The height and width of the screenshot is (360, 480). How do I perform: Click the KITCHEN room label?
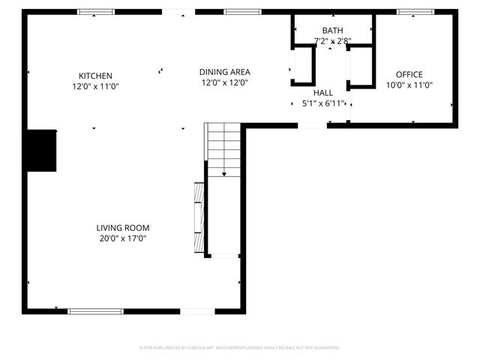[x=95, y=75]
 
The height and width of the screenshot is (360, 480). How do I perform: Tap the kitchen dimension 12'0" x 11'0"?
[x=95, y=86]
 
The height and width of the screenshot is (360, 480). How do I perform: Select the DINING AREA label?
[x=224, y=72]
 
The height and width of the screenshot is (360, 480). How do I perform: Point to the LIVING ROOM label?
[x=123, y=228]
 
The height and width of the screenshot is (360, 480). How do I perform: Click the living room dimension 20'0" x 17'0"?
[x=123, y=238]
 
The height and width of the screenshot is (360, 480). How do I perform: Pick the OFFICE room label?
[x=409, y=74]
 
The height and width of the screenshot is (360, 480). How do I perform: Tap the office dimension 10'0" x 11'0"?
[x=409, y=85]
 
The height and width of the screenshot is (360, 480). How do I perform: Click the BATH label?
[x=332, y=30]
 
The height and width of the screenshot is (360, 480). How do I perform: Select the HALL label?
[x=323, y=92]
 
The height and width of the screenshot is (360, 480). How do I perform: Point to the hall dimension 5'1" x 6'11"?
[x=323, y=103]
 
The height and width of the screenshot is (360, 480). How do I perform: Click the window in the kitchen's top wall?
[x=97, y=12]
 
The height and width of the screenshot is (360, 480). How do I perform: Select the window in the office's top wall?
[x=415, y=12]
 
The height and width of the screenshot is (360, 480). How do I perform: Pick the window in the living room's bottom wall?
[x=95, y=310]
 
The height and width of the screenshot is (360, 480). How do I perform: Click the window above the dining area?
[x=243, y=12]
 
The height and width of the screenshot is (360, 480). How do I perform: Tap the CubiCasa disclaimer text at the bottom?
[x=240, y=348]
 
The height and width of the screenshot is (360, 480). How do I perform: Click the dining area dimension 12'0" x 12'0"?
[x=224, y=83]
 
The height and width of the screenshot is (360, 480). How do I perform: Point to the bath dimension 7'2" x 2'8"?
[x=332, y=41]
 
